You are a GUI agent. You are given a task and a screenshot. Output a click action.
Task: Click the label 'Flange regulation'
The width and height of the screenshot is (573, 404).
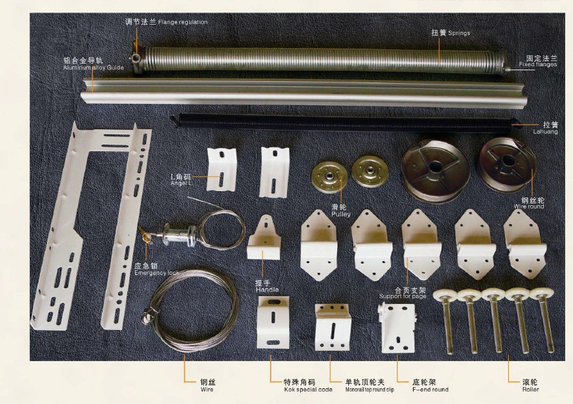pos(183,22)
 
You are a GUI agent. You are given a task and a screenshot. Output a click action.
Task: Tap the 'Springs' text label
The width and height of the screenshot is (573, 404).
pos(459,33)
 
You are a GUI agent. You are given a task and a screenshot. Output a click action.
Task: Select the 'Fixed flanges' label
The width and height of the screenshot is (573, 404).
pos(538,65)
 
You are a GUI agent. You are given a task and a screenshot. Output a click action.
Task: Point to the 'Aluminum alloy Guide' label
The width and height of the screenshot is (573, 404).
pos(94,68)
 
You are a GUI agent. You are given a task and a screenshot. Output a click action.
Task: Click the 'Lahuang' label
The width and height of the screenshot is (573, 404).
pos(545,131)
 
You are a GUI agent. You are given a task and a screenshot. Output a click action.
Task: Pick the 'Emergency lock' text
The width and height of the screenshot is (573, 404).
pos(157,273)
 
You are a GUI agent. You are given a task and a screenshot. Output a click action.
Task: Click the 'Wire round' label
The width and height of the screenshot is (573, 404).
pos(529,207)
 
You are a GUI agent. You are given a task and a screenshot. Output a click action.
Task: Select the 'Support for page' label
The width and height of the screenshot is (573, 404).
pos(403,296)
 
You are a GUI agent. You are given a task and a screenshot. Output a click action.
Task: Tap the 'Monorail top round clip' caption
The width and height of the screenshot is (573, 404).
pos(370,390)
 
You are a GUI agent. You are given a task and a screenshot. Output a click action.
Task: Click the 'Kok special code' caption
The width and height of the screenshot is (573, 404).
pos(308,390)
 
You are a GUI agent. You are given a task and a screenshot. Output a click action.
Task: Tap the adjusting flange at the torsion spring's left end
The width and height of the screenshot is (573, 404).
pos(138,58)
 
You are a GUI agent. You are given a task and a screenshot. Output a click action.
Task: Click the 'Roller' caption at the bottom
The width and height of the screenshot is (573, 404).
pos(530,390)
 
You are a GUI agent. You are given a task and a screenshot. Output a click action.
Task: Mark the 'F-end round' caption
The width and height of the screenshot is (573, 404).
pos(431,390)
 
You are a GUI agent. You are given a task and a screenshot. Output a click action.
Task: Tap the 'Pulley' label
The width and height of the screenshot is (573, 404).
pos(341,214)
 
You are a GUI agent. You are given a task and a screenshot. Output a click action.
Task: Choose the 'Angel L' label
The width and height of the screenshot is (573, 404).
pos(181,183)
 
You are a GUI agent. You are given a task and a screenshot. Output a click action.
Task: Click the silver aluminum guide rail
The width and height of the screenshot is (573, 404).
pos(302,92)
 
